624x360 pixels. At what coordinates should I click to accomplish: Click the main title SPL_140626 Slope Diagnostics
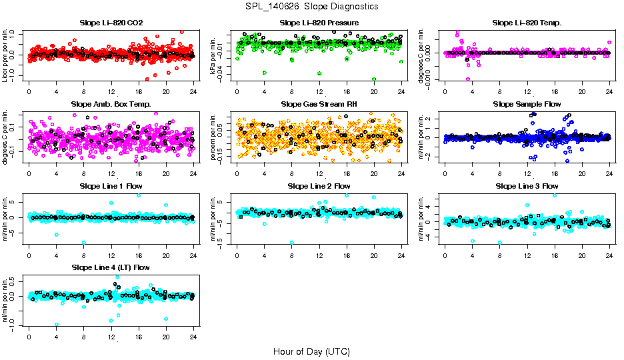pos(311,6)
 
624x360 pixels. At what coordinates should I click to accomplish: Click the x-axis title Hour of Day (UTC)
pos(311,351)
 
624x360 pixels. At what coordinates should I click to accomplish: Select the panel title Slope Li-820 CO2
pos(111,23)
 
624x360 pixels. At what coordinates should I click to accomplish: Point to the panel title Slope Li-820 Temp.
pos(527,23)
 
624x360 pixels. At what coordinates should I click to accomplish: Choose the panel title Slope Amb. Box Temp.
pos(111,104)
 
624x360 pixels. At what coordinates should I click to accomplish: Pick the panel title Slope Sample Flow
pos(527,104)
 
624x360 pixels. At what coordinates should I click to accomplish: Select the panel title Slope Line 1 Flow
pos(111,185)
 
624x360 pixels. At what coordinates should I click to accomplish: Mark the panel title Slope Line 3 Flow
pos(527,185)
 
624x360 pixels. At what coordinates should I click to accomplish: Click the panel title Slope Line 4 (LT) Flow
pos(111,267)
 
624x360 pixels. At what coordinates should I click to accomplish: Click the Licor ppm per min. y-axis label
pos(6,55)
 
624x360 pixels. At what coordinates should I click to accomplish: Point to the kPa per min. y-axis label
pos(215,55)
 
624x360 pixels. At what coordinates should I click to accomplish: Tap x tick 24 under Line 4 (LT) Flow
pos(193,336)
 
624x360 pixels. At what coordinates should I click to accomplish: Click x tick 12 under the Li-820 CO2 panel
pos(111,92)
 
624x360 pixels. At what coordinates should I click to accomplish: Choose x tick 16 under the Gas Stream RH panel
pos(347,173)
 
